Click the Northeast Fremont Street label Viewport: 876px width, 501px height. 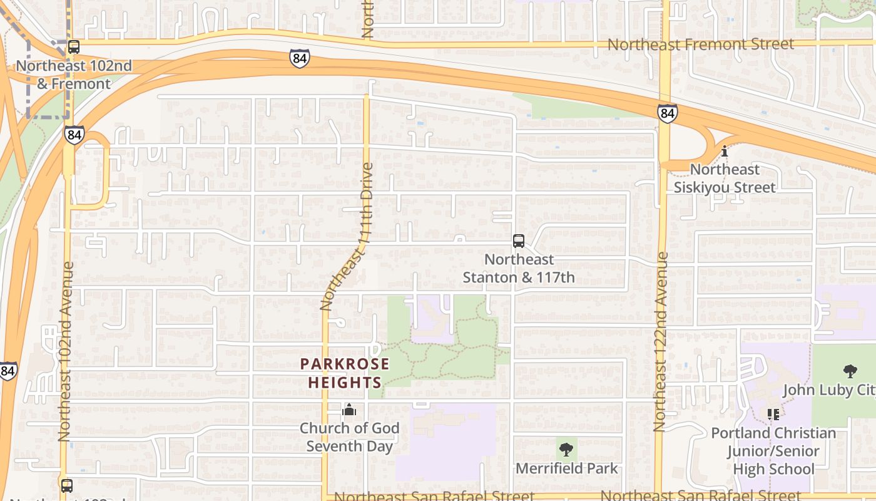click(x=701, y=44)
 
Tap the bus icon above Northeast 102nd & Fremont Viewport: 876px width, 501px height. click(x=74, y=46)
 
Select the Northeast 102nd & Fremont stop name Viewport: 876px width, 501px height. click(x=74, y=74)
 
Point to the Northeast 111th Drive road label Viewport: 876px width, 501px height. click(x=345, y=237)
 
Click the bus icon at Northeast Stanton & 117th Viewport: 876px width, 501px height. click(x=519, y=241)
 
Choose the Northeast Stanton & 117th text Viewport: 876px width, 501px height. click(x=519, y=268)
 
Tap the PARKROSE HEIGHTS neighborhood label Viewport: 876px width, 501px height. click(x=345, y=373)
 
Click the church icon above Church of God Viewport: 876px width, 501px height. click(x=349, y=410)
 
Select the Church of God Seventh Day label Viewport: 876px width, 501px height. click(x=349, y=437)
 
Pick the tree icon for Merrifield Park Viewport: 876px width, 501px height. click(x=566, y=449)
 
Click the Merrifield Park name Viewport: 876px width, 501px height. click(x=566, y=468)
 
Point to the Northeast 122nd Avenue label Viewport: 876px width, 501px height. click(x=660, y=342)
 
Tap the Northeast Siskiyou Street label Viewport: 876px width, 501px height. click(x=725, y=178)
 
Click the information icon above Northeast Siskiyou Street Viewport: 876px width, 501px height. click(x=725, y=151)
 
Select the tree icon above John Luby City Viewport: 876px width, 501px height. click(x=850, y=371)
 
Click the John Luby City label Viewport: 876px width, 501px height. click(x=829, y=390)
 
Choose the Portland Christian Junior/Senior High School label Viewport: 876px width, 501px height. click(x=773, y=451)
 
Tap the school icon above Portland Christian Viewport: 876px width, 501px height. click(x=773, y=415)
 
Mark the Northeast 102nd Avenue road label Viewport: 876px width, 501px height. click(x=65, y=351)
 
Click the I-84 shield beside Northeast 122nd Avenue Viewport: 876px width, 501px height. click(x=667, y=113)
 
